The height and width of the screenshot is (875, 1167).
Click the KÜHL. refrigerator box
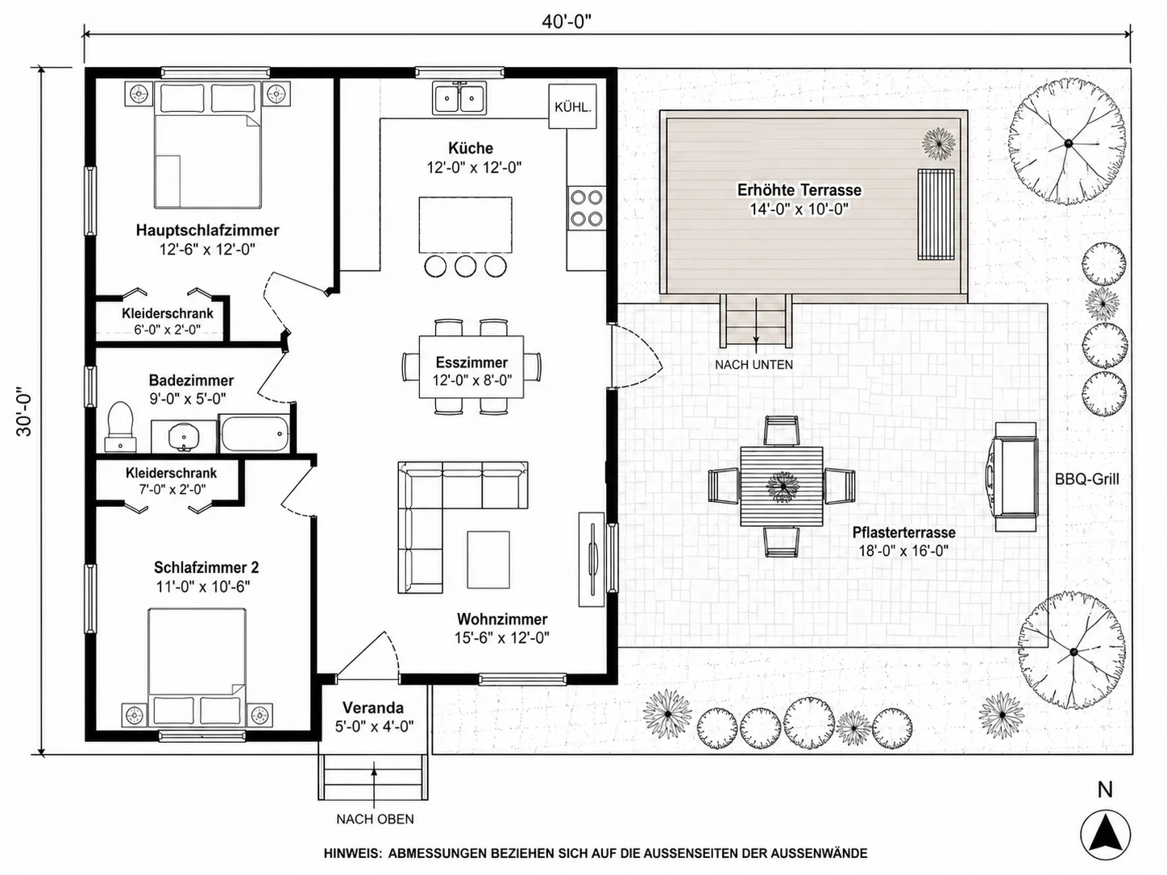(x=572, y=106)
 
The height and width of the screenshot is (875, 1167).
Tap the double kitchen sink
(x=459, y=97)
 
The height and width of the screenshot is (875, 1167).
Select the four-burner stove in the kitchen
(x=587, y=208)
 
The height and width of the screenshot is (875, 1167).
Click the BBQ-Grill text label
(x=1086, y=479)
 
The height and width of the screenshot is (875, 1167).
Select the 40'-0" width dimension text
(x=567, y=22)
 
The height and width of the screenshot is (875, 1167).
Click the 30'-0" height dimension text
(x=24, y=410)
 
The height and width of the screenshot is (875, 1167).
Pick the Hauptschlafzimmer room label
(x=207, y=230)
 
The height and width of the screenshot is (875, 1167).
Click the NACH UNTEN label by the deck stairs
(x=754, y=365)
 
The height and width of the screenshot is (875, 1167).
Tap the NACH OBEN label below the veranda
(x=375, y=819)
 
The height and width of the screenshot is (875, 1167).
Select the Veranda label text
(x=372, y=707)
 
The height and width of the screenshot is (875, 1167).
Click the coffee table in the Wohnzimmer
(x=488, y=560)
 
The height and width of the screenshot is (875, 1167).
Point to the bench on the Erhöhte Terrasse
(x=936, y=214)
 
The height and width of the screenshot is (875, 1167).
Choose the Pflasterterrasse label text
(x=903, y=532)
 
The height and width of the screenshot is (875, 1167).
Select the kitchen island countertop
(x=465, y=226)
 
